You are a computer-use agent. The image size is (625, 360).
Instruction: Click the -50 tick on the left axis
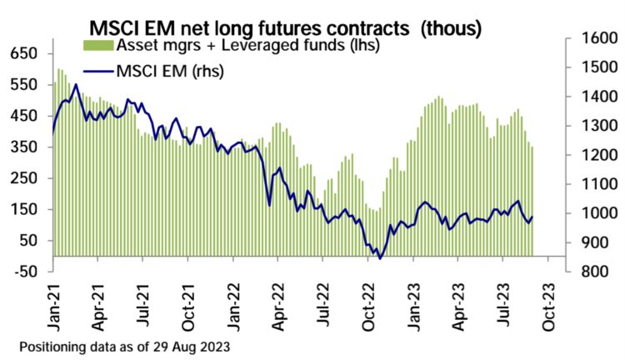(x=27, y=272)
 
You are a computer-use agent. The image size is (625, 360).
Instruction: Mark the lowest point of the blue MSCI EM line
(x=380, y=258)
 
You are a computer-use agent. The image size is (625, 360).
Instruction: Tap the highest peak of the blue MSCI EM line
(x=76, y=84)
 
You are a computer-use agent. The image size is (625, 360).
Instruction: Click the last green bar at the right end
(x=532, y=201)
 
